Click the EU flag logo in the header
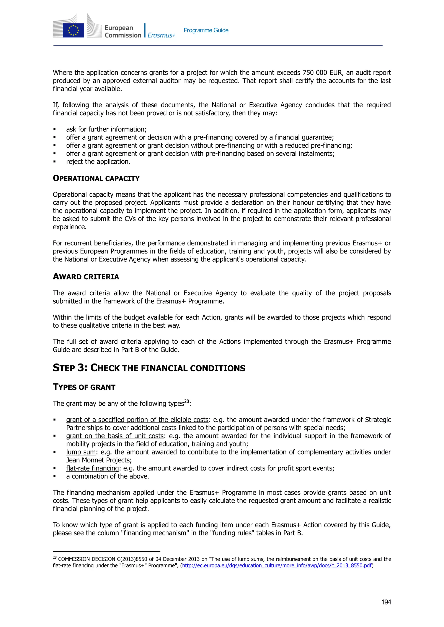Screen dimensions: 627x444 (x=73, y=30)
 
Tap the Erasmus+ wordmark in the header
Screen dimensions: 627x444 (x=161, y=35)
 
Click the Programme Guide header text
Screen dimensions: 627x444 (x=206, y=30)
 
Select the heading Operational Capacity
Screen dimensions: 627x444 (x=96, y=178)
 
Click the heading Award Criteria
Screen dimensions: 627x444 (x=86, y=277)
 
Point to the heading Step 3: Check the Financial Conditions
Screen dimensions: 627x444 (x=149, y=368)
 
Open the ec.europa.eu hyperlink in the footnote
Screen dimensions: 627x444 (x=277, y=565)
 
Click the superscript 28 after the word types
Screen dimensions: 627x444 (x=186, y=401)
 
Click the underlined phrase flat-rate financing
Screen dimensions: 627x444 (x=92, y=468)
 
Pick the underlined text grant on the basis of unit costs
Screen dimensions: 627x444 (x=115, y=436)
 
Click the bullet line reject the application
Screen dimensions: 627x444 (x=98, y=162)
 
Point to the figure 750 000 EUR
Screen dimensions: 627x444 (x=322, y=73)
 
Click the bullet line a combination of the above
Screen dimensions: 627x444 (x=108, y=476)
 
